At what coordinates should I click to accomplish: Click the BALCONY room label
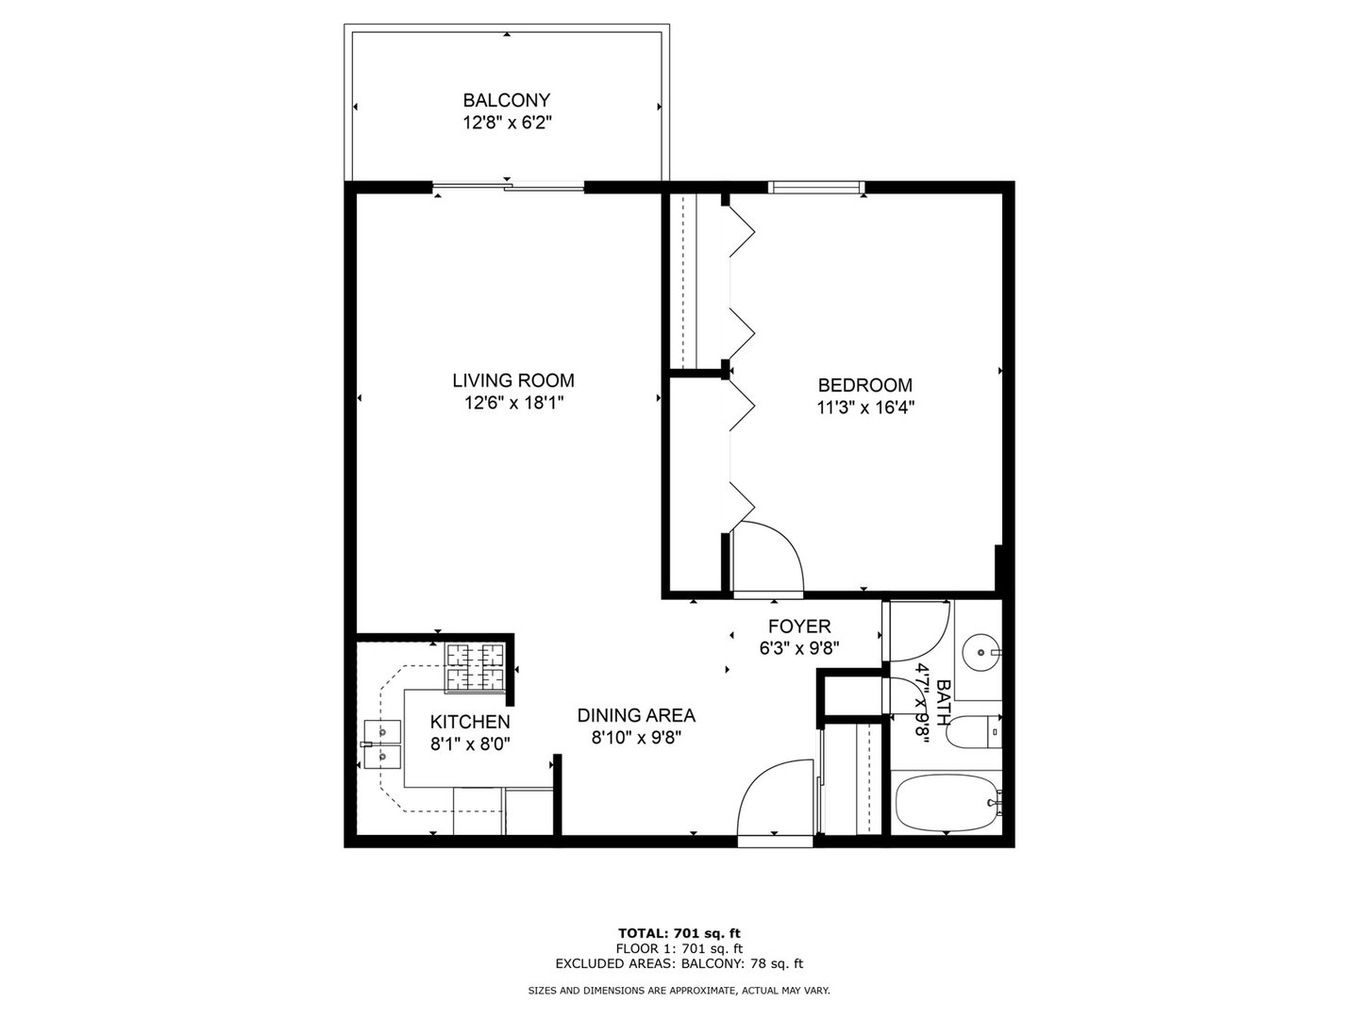[x=506, y=100]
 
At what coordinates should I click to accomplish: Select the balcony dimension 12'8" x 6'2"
[x=506, y=123]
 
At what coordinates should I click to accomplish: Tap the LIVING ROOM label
[x=512, y=381]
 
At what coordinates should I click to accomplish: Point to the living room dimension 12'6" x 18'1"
[x=512, y=404]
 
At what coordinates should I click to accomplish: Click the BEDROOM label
[x=864, y=385]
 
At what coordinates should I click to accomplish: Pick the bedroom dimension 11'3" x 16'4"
[x=864, y=408]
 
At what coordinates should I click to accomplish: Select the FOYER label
[x=798, y=626]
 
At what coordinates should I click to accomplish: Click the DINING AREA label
[x=636, y=715]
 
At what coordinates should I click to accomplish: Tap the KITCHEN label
[x=470, y=722]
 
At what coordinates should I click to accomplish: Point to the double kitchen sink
[x=382, y=743]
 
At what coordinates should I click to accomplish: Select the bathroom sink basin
[x=982, y=649]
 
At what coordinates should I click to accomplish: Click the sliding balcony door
[x=510, y=188]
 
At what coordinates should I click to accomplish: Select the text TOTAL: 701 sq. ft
[x=679, y=933]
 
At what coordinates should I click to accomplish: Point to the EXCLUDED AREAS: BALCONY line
[x=679, y=963]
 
